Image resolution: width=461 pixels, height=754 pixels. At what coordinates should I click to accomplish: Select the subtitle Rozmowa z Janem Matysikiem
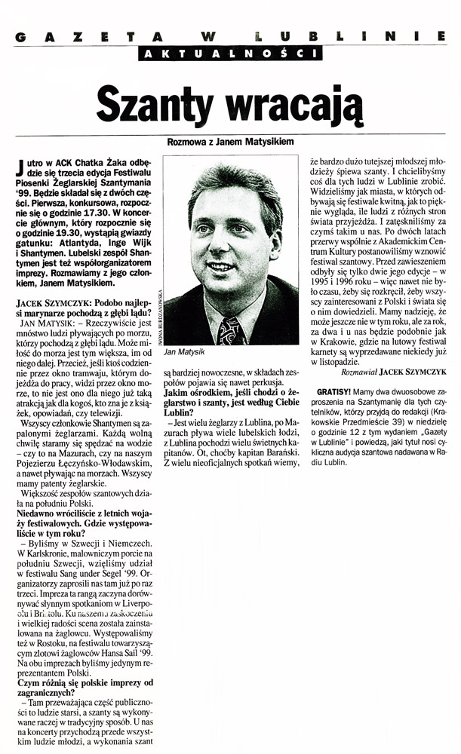pyautogui.click(x=229, y=141)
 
